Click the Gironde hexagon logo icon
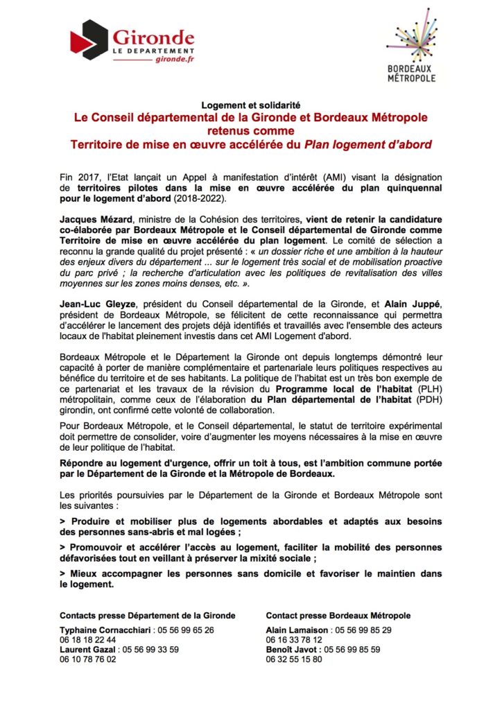tap(89, 40)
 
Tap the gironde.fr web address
tap(175, 61)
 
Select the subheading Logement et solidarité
tap(250, 105)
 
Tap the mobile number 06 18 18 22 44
tap(88, 640)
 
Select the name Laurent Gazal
tap(89, 650)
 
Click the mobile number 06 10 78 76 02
tap(88, 659)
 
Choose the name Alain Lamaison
tap(297, 630)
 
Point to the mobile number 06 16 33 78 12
tap(294, 640)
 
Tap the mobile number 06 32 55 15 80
tap(294, 659)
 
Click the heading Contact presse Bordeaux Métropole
tap(338, 615)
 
